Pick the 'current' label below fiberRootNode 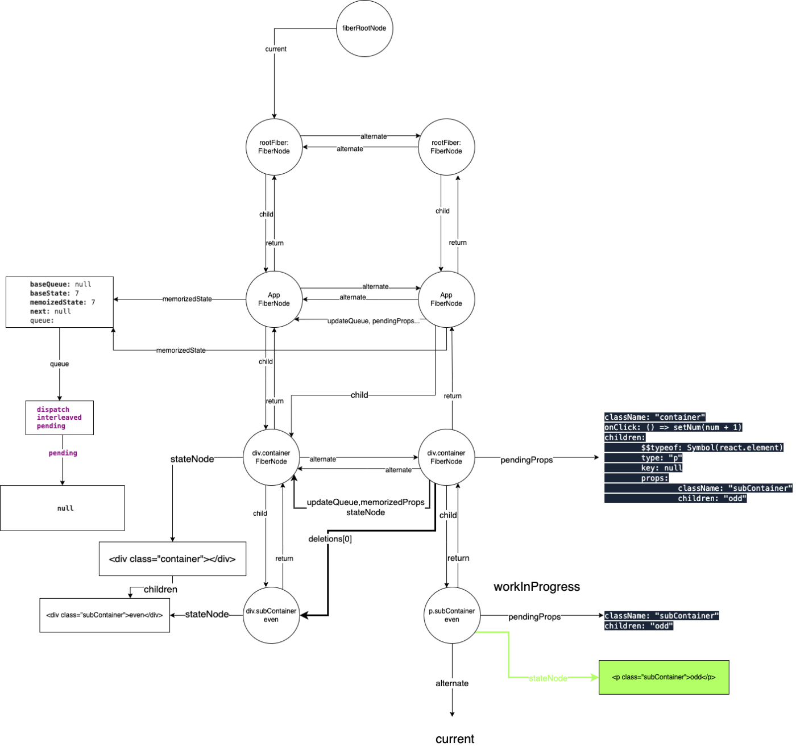click(276, 49)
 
